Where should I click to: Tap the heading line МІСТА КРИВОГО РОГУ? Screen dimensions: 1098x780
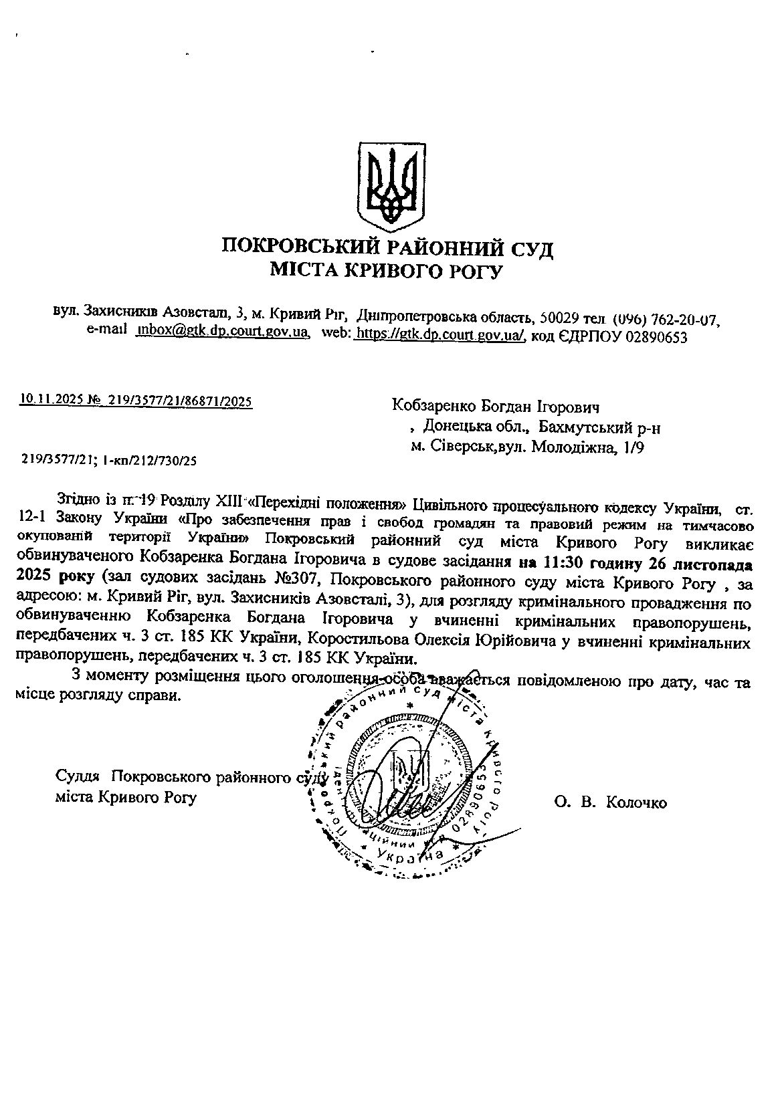[x=385, y=271]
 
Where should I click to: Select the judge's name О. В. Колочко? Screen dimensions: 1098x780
[x=610, y=803]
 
